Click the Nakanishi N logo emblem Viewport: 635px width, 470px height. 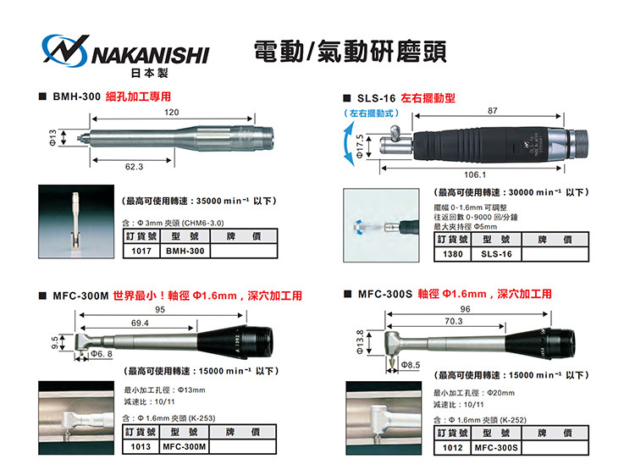click(65, 50)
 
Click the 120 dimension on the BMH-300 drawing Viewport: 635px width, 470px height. click(171, 113)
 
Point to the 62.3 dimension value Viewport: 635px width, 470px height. click(134, 167)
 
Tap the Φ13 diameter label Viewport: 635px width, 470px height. click(52, 137)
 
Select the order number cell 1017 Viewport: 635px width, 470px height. click(141, 251)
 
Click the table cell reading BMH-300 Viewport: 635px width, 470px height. click(185, 251)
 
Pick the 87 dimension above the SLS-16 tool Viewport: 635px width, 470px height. click(493, 111)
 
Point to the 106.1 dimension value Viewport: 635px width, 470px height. click(475, 174)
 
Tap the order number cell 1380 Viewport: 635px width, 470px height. click(453, 254)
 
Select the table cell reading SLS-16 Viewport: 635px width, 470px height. click(496, 254)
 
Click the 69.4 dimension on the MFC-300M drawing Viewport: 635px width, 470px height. click(140, 323)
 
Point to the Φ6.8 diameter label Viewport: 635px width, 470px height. click(102, 354)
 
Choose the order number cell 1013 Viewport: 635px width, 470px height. click(141, 446)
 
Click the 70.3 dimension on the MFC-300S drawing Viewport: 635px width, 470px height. click(454, 321)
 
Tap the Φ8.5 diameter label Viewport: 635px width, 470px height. click(411, 365)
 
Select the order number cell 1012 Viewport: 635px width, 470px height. click(452, 448)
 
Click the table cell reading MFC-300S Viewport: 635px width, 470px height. click(496, 448)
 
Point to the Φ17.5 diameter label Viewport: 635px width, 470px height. click(360, 146)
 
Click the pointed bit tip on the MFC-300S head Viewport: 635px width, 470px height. click(392, 367)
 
